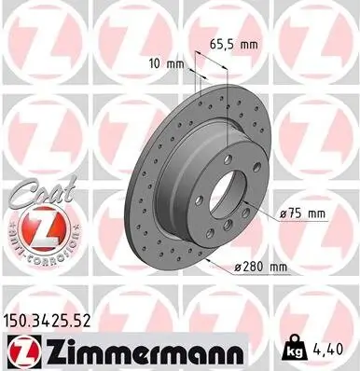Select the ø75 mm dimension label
click(x=301, y=213)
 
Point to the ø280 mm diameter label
click(x=262, y=268)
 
